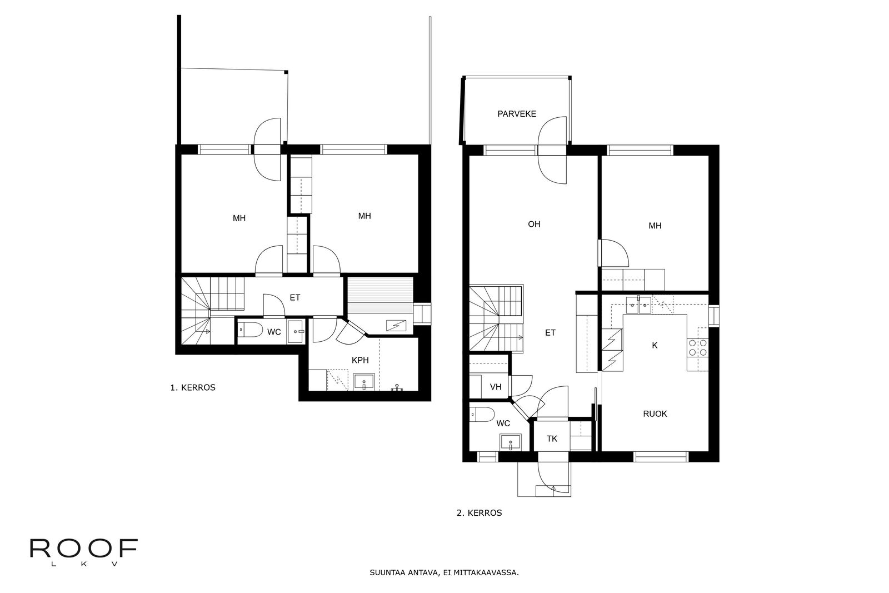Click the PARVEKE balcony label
[x=517, y=114]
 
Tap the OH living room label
[x=534, y=225]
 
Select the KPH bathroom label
[x=360, y=360]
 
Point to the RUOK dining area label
[x=655, y=413]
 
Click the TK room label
[x=552, y=438]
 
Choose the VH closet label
[x=496, y=387]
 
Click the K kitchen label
[x=655, y=345]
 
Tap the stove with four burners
[x=698, y=347]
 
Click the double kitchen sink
[x=638, y=305]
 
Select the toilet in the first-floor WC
[x=251, y=330]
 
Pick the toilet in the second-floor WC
[x=482, y=415]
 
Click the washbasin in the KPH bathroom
[x=363, y=382]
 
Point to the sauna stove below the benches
[x=396, y=326]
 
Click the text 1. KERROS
[x=193, y=388]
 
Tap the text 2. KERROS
[x=480, y=513]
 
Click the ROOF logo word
[x=84, y=548]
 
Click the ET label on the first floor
[x=295, y=298]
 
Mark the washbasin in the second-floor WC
[x=511, y=442]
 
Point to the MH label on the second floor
[x=655, y=226]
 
